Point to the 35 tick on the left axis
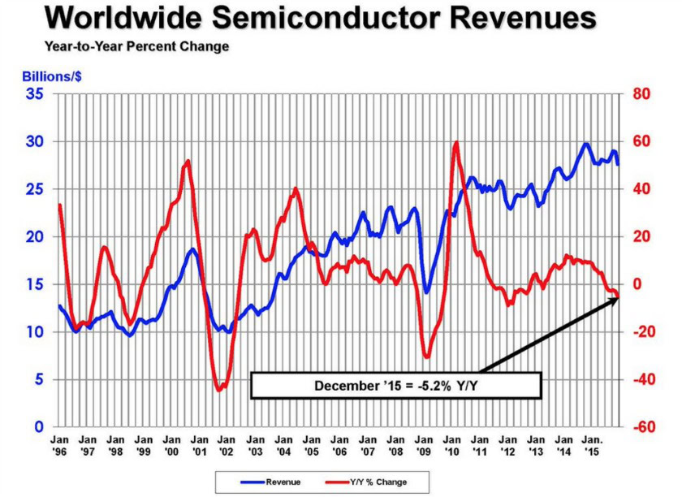(35, 94)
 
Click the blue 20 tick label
(35, 237)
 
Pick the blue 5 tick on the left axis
(39, 380)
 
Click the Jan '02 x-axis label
(227, 445)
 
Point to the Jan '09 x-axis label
(423, 445)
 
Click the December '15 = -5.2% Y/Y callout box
(395, 385)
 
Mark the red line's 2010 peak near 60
(455, 143)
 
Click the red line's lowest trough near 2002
(218, 391)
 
